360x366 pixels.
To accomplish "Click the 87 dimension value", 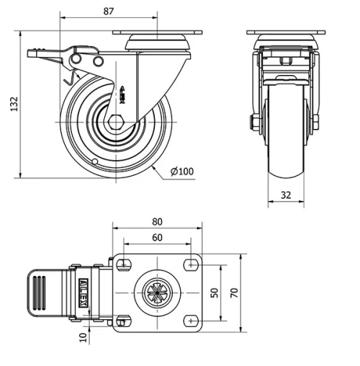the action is (x=108, y=12).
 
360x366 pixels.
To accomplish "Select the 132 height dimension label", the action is (x=14, y=104).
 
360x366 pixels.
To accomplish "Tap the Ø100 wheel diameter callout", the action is (x=182, y=171).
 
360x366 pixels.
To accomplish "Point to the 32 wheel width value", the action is (x=286, y=195).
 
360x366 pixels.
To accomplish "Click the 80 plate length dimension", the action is (x=157, y=222).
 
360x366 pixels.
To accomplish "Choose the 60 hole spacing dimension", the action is (x=157, y=238).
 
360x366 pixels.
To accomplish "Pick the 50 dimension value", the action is (x=215, y=293).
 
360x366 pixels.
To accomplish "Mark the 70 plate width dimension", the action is (x=234, y=293).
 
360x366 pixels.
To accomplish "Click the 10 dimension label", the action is (x=83, y=337).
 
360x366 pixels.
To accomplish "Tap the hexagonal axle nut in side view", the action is (x=116, y=122).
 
